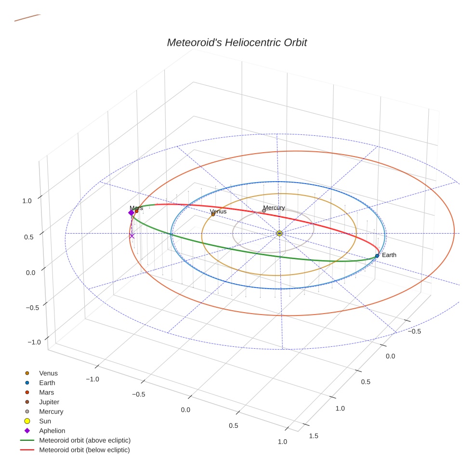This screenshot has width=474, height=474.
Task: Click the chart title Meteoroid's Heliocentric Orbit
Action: [x=237, y=43]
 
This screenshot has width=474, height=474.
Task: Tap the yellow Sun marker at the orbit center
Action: [x=279, y=233]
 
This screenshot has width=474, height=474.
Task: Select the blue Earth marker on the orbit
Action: [x=377, y=256]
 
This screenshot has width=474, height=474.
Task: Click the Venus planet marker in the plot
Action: [x=213, y=214]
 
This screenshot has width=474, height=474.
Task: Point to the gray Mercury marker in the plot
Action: [x=264, y=211]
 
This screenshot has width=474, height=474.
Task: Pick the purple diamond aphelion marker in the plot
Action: [x=131, y=213]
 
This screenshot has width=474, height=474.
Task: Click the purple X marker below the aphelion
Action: [x=132, y=236]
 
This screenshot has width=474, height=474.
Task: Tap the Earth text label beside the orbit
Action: [x=389, y=255]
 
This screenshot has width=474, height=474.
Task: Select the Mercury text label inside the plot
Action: [x=274, y=208]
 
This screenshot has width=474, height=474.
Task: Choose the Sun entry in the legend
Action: [x=45, y=421]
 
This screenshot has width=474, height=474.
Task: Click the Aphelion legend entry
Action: [x=52, y=431]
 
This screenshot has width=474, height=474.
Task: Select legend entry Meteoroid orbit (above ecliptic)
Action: [x=84, y=440]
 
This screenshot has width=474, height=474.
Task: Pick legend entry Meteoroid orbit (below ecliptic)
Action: [x=84, y=450]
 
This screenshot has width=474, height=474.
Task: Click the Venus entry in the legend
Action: [x=48, y=373]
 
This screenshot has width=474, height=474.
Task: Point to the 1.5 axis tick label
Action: [x=313, y=436]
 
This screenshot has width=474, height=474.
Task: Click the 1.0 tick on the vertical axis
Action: [x=27, y=201]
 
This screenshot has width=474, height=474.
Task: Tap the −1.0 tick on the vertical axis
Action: [x=34, y=342]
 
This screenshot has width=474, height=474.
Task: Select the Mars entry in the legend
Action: [x=46, y=392]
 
